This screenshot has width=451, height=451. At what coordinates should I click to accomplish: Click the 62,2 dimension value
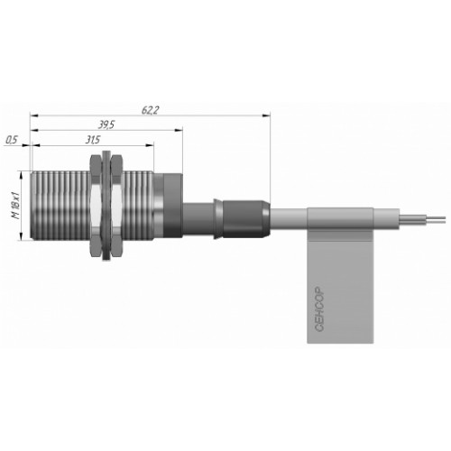tap(150, 110)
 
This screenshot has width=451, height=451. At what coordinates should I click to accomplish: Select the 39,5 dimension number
tap(106, 124)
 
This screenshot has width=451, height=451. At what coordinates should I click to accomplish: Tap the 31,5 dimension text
tap(92, 140)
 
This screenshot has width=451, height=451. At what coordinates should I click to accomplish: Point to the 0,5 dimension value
tap(13, 140)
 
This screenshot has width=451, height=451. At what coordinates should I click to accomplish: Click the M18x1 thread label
tap(15, 205)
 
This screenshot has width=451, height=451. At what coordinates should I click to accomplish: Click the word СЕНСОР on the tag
tap(319, 309)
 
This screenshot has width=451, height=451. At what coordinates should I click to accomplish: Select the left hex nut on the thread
tap(96, 206)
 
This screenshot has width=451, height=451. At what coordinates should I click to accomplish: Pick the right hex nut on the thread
tap(115, 206)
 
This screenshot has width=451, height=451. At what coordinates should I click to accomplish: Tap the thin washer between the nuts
tap(106, 206)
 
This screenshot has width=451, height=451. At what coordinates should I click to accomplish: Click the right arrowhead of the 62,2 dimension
tap(266, 115)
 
